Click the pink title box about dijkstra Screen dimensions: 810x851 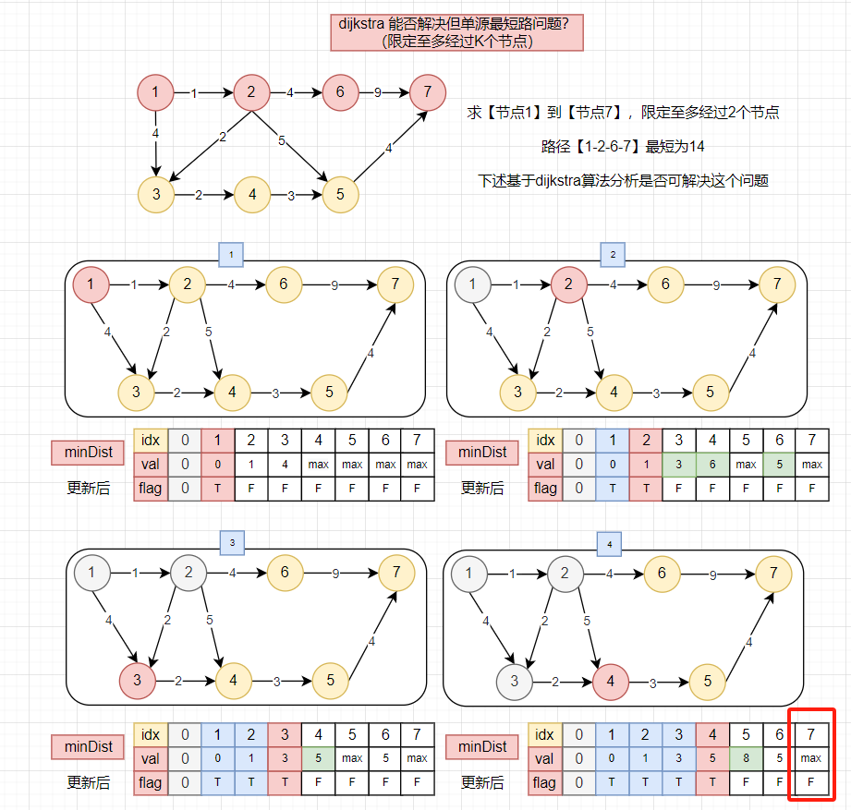456,32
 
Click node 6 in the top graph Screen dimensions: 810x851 340,92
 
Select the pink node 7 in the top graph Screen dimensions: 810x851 426,92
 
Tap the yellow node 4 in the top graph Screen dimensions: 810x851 251,195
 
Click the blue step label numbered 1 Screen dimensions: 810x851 230,252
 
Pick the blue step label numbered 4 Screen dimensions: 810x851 610,542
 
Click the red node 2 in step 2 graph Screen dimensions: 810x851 569,284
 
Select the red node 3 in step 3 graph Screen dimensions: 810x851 136,682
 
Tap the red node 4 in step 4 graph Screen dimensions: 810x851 610,682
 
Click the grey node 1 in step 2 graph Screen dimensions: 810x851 473,284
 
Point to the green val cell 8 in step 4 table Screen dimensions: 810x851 746,759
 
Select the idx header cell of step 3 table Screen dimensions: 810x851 149,734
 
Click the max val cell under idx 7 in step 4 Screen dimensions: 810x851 811,759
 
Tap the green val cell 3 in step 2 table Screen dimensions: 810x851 679,465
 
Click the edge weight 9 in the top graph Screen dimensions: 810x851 377,92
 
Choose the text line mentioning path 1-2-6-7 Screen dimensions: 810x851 624,147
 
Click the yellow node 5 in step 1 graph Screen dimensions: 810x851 330,392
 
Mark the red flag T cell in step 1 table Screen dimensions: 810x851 218,489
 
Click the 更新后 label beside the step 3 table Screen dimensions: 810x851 89,782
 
